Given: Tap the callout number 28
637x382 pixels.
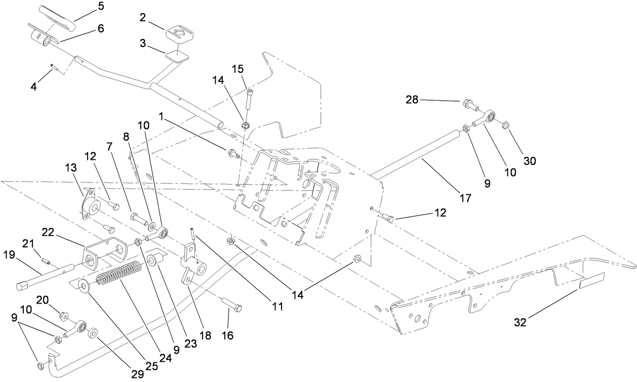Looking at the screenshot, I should point(412,100).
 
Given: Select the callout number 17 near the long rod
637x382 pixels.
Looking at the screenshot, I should point(464,199).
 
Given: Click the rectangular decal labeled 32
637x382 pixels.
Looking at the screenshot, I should point(591,281).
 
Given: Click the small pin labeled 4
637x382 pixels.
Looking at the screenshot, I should point(54,66).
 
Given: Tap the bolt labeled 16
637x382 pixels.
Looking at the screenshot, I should point(232,305).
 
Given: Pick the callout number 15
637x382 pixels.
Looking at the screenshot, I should point(238,68).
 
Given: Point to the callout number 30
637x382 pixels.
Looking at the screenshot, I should point(529,161).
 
